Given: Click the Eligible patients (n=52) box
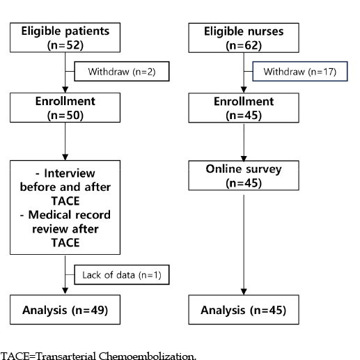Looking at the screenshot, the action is pyautogui.click(x=65, y=38).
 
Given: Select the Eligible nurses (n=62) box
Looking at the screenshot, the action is pyautogui.click(x=244, y=38).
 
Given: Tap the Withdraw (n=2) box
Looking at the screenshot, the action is pyautogui.click(x=122, y=71).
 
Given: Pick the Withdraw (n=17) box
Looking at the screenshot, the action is pyautogui.click(x=300, y=71).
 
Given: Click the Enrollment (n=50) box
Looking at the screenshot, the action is pyautogui.click(x=65, y=107).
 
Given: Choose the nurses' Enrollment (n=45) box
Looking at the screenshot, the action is pyautogui.click(x=244, y=108).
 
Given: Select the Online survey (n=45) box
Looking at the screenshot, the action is pyautogui.click(x=244, y=175).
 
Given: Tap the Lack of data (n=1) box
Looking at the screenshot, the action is pyautogui.click(x=122, y=274).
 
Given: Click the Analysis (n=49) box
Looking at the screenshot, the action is pyautogui.click(x=65, y=309).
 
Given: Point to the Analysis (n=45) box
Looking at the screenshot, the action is pyautogui.click(x=244, y=309).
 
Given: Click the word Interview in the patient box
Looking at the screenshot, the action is pyautogui.click(x=70, y=173).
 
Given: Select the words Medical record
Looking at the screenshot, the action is pyautogui.click(x=69, y=214).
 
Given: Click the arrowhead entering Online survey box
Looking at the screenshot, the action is pyautogui.click(x=244, y=158).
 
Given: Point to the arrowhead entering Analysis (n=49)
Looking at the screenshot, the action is pyautogui.click(x=65, y=291).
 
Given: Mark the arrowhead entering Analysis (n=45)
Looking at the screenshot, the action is pyautogui.click(x=244, y=292).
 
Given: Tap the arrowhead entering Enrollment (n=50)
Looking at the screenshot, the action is pyautogui.click(x=65, y=90).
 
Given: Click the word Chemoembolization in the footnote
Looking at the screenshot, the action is pyautogui.click(x=148, y=356).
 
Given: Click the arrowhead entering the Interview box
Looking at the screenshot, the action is pyautogui.click(x=65, y=157).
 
